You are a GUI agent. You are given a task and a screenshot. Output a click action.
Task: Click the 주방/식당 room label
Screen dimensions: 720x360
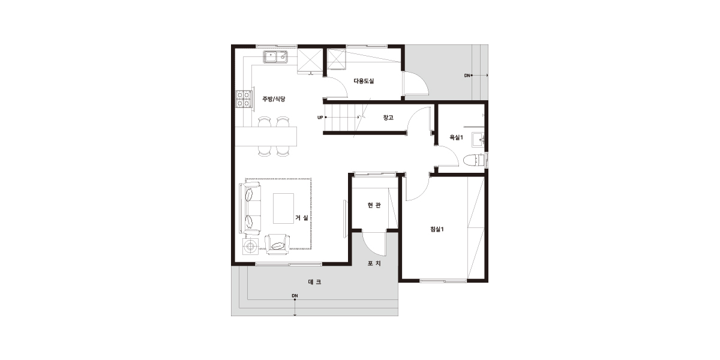tap(274, 99)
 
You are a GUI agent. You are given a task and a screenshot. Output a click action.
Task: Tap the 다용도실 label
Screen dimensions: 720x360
tap(364, 81)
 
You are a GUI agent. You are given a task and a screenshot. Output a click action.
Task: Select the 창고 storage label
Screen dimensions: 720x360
tap(388, 118)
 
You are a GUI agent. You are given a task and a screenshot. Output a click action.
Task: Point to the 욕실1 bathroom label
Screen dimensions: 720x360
tap(456, 137)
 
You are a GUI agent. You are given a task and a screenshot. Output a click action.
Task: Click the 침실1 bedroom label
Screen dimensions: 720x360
tap(437, 229)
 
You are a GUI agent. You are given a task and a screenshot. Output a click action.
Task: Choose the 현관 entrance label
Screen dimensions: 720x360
tap(374, 205)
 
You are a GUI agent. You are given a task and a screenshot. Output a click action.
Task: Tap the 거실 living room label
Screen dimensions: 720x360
tap(302, 218)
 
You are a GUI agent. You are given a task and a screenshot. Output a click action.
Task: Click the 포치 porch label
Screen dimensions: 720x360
tap(374, 263)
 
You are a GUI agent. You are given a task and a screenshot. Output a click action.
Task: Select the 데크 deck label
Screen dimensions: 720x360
tap(314, 282)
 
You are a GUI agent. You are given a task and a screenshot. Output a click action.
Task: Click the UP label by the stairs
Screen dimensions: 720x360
tap(320, 118)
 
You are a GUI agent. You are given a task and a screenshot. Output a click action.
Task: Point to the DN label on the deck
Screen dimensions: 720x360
tap(295, 296)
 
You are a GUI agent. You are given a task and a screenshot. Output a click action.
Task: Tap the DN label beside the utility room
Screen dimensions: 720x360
tap(467, 76)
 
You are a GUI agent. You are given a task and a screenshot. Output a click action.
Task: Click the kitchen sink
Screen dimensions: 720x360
tap(276, 57)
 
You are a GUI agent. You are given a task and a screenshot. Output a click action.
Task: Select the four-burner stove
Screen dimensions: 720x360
tap(244, 99)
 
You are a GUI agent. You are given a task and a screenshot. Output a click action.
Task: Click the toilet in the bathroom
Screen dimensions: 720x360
tap(474, 161)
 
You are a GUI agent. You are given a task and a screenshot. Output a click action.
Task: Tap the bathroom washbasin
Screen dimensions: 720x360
tap(478, 139)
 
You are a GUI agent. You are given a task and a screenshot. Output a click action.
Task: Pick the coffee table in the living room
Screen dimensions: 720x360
tap(283, 208)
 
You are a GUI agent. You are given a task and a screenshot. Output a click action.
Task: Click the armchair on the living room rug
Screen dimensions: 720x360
tap(277, 244)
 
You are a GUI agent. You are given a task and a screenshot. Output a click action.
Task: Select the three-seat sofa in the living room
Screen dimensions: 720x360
tap(250, 208)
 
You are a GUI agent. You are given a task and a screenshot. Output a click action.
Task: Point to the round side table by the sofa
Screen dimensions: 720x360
tap(250, 247)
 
